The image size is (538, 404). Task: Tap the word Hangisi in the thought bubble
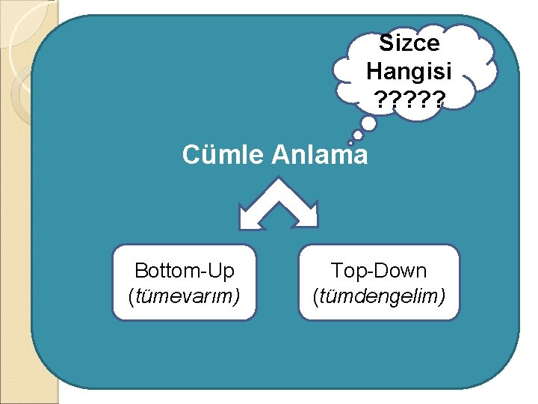pos(409,71)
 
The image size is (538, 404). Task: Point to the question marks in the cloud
pos(409,99)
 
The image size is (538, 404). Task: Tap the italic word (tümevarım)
pos(184,297)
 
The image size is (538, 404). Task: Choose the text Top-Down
pos(379,270)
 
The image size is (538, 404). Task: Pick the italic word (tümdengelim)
pos(379,297)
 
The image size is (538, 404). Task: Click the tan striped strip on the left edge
pos(15,224)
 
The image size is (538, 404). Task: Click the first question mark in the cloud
pos(383,99)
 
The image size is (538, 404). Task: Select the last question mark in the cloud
pos(436,99)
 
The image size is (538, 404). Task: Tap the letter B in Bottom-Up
pos(140,270)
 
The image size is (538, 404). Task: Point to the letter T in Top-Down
pos(336,270)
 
